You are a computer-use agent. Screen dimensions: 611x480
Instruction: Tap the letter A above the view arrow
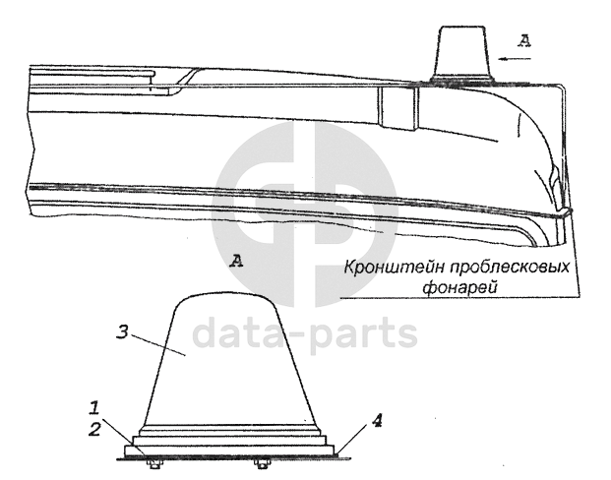[523, 40]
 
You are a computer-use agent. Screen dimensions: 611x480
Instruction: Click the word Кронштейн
[384, 267]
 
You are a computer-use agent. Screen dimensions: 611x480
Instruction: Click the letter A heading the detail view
[234, 261]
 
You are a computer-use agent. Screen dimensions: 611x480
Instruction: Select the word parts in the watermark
[358, 334]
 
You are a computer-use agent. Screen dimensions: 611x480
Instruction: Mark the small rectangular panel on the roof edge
[398, 109]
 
